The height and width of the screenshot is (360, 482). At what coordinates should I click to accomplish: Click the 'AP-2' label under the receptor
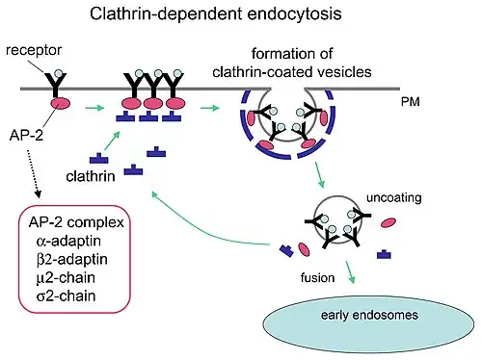(x=27, y=137)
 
